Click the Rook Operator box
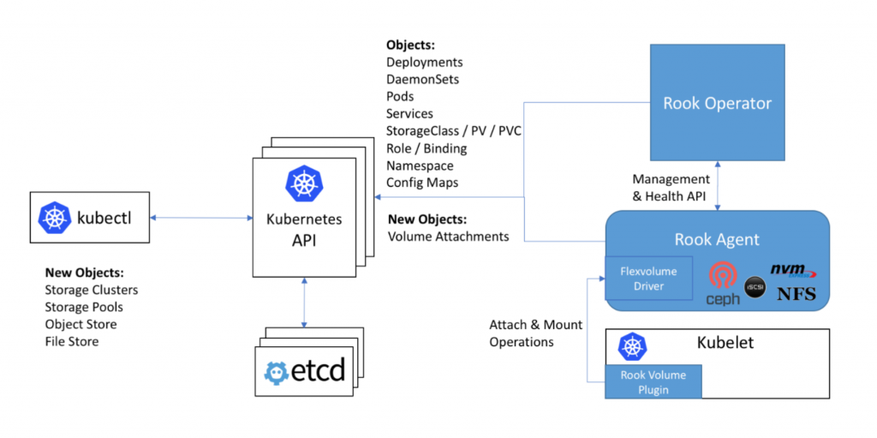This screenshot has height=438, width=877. [717, 104]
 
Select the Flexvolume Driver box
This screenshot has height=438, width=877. [648, 279]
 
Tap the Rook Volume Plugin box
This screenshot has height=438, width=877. [653, 381]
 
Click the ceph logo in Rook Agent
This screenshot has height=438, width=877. [723, 284]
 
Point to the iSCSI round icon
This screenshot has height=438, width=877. [755, 286]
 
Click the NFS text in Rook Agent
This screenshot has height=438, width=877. [796, 295]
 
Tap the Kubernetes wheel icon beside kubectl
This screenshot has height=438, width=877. [55, 218]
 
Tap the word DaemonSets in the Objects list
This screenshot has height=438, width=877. [422, 79]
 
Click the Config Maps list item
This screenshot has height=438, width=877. [422, 182]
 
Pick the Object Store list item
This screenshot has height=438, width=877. [81, 324]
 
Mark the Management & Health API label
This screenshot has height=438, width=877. [671, 187]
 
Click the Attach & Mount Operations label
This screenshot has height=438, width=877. [535, 333]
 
